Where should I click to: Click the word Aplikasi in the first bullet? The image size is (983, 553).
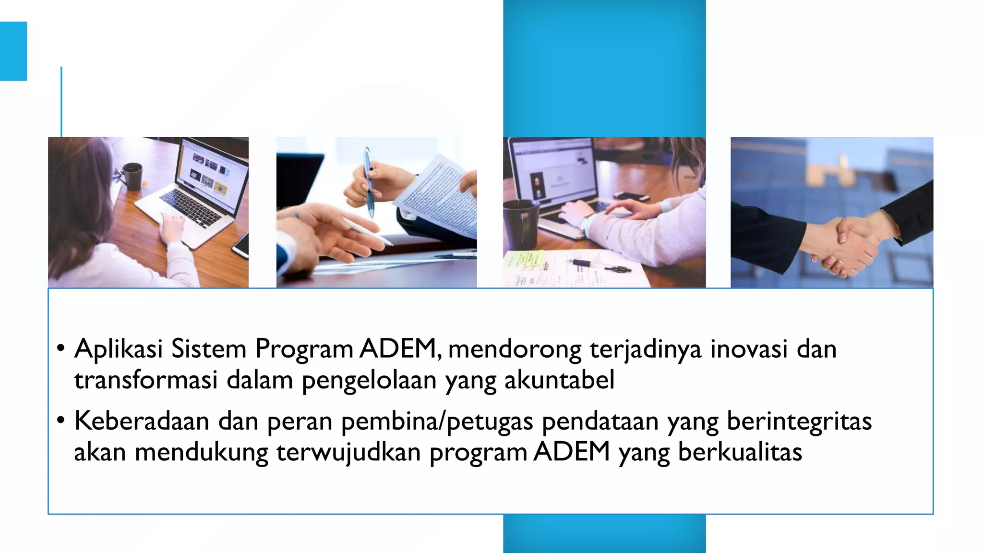(x=119, y=349)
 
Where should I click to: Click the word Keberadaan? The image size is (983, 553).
(x=142, y=421)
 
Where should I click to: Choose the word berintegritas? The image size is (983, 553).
(x=799, y=421)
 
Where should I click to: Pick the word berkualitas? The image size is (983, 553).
(x=740, y=452)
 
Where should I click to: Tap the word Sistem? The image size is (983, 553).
(x=209, y=349)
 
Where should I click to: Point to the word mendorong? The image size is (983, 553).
(x=515, y=349)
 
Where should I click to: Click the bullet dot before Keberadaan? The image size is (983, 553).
(x=60, y=421)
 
